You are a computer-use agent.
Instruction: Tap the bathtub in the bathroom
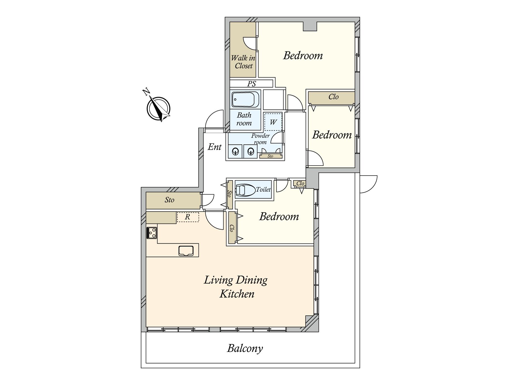click(245, 99)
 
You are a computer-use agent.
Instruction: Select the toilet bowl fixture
click(246, 190)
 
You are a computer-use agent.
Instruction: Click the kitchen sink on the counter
click(186, 250)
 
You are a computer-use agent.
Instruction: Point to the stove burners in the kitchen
click(151, 233)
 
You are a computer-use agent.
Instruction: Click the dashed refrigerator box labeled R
click(188, 217)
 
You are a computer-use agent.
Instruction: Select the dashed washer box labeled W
click(273, 122)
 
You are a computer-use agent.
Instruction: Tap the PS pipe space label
click(252, 84)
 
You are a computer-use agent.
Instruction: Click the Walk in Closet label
click(243, 62)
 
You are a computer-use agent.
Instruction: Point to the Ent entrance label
click(214, 147)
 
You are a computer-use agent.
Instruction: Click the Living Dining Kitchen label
click(236, 287)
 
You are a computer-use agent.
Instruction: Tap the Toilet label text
click(264, 189)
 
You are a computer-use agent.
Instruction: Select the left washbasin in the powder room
click(235, 151)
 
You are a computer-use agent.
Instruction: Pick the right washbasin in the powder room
click(251, 151)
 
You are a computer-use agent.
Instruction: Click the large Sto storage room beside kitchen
click(173, 201)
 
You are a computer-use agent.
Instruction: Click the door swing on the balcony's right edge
click(368, 184)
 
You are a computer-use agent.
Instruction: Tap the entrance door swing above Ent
click(214, 121)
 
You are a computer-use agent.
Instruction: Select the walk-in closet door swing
click(250, 43)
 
